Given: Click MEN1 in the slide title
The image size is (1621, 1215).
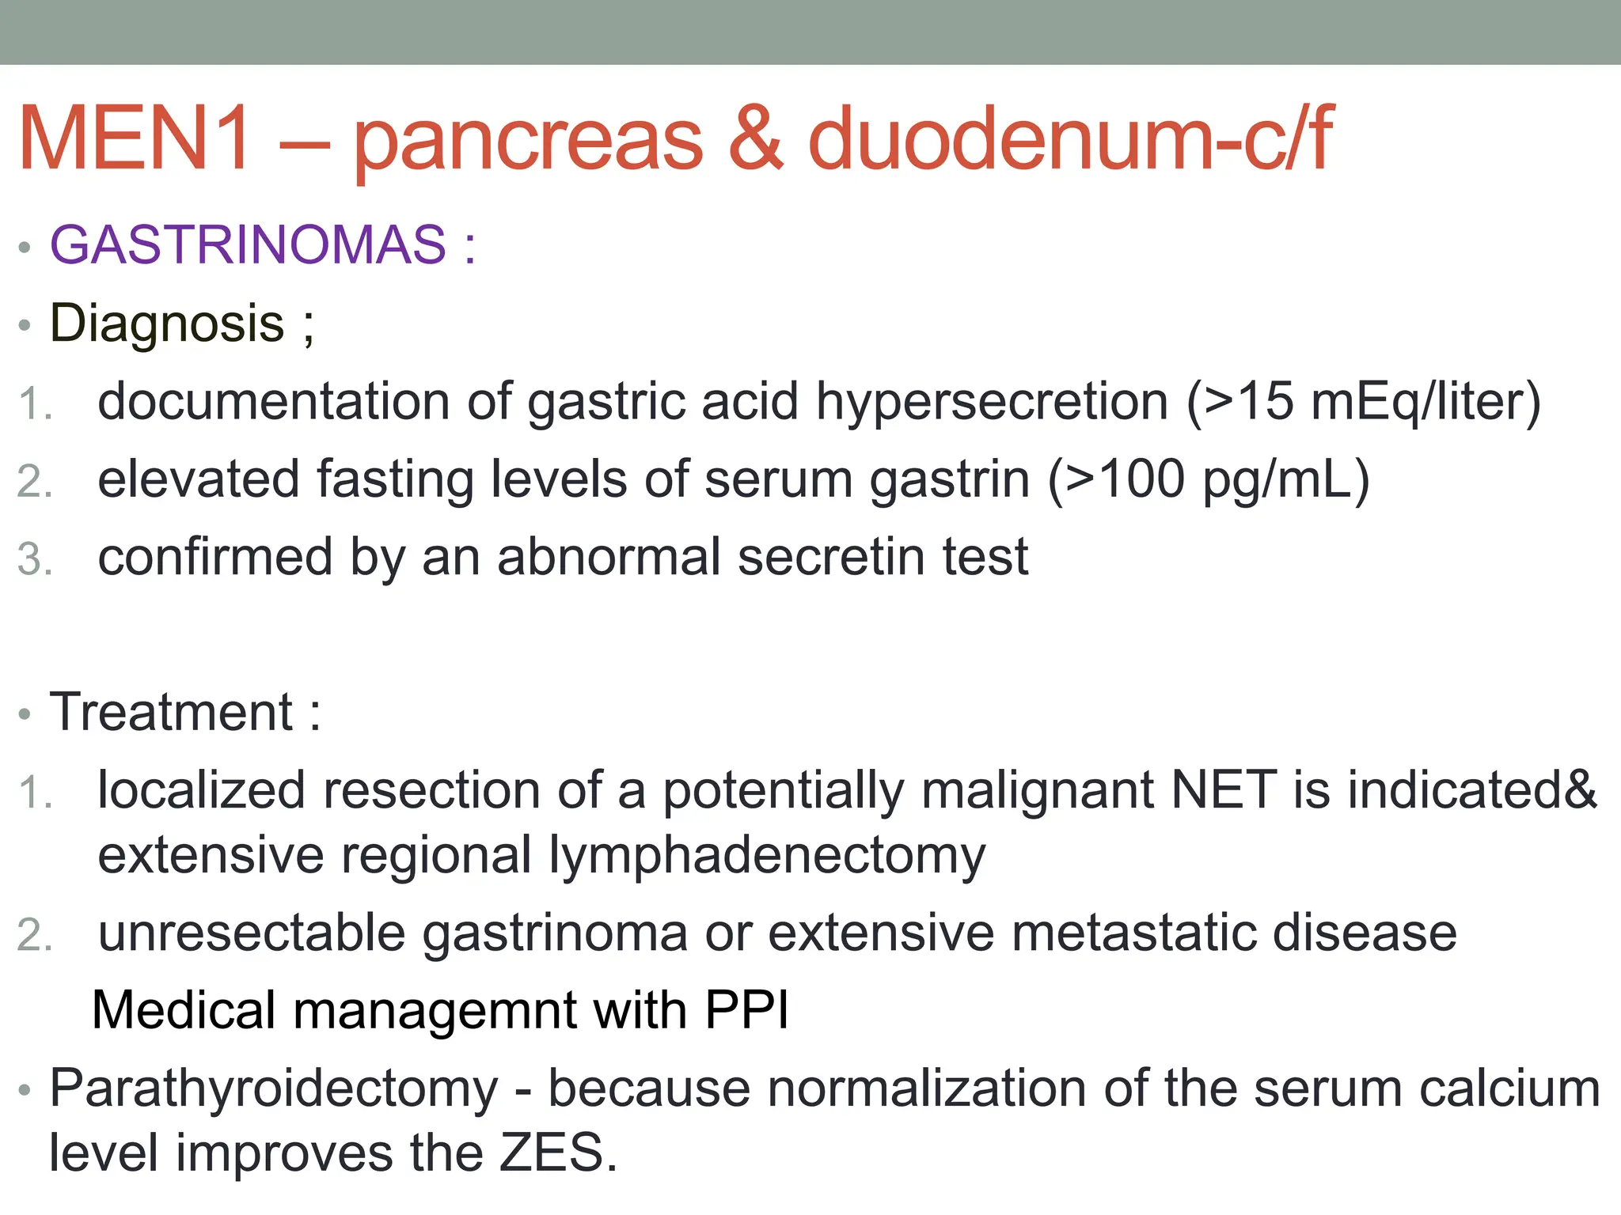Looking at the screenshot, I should [x=135, y=138].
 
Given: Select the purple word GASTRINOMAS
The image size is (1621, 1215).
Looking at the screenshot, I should [x=248, y=244].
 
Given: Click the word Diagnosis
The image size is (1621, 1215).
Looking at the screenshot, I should [x=167, y=324].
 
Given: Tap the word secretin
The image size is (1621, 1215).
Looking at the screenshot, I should [x=831, y=557].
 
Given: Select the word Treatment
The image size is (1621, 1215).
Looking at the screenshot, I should [x=172, y=712].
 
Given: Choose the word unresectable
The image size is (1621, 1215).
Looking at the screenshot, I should [x=251, y=933].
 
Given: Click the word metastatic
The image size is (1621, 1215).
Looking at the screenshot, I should [x=1133, y=933].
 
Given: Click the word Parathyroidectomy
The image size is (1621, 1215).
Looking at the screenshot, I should [x=274, y=1089].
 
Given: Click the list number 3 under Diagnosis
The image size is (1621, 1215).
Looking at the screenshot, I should [x=33, y=559].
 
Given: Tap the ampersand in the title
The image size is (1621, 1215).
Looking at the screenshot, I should [x=756, y=138].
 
